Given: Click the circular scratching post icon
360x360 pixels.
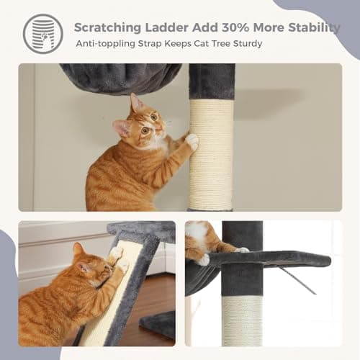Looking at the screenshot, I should pos(42,34).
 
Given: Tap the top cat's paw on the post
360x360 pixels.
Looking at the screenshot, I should pos(192,141).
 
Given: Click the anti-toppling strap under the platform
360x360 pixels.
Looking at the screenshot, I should pos(302,280).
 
